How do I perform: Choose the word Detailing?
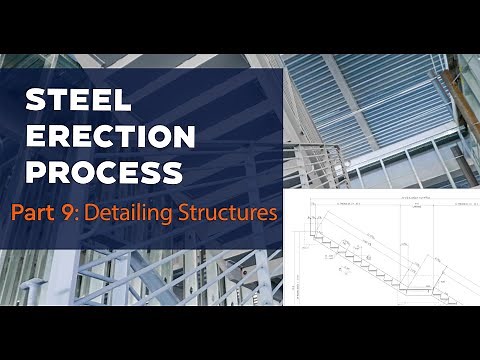click(x=138, y=213)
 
